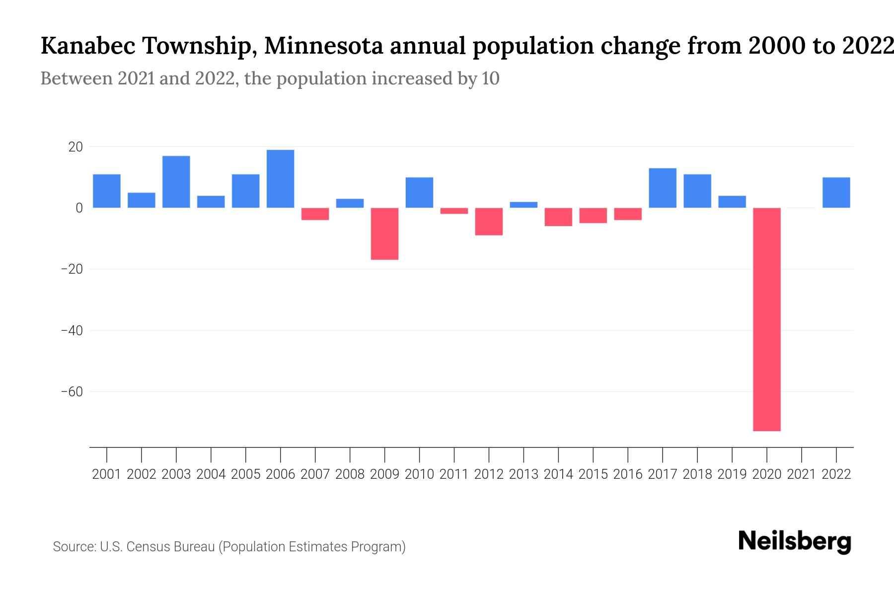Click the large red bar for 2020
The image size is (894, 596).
767,319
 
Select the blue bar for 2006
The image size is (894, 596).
280,179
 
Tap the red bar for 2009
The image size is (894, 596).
384,233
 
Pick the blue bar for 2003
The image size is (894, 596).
176,182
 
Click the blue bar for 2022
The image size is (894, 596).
836,193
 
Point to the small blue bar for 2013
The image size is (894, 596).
523,205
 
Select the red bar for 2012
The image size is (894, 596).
489,222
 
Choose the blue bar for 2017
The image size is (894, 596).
663,188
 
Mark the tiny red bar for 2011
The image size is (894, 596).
454,211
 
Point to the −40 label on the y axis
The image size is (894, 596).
72,330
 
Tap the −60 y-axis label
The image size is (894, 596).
72,392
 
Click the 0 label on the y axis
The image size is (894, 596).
79,208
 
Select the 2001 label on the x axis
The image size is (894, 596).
107,474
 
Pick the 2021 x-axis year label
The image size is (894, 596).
802,474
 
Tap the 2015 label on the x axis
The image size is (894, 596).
593,474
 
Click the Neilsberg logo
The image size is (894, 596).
795,541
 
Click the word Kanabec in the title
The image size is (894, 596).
87,46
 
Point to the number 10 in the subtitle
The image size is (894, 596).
490,78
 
